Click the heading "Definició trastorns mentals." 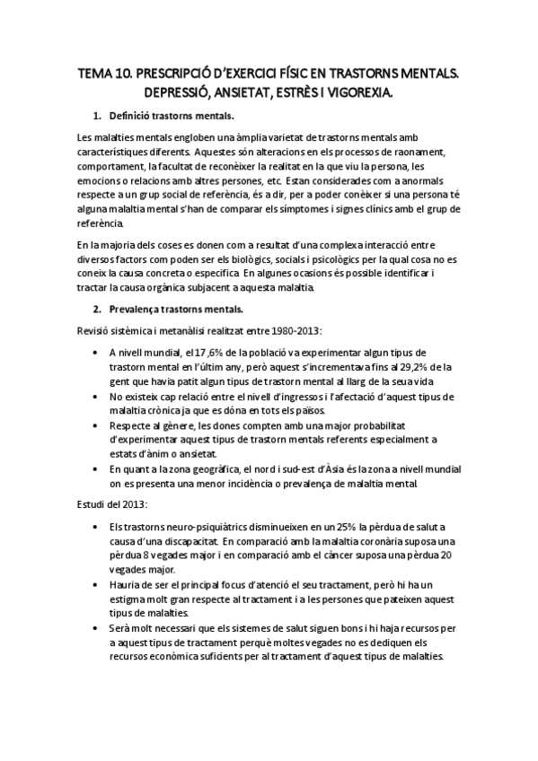click(x=172, y=118)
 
